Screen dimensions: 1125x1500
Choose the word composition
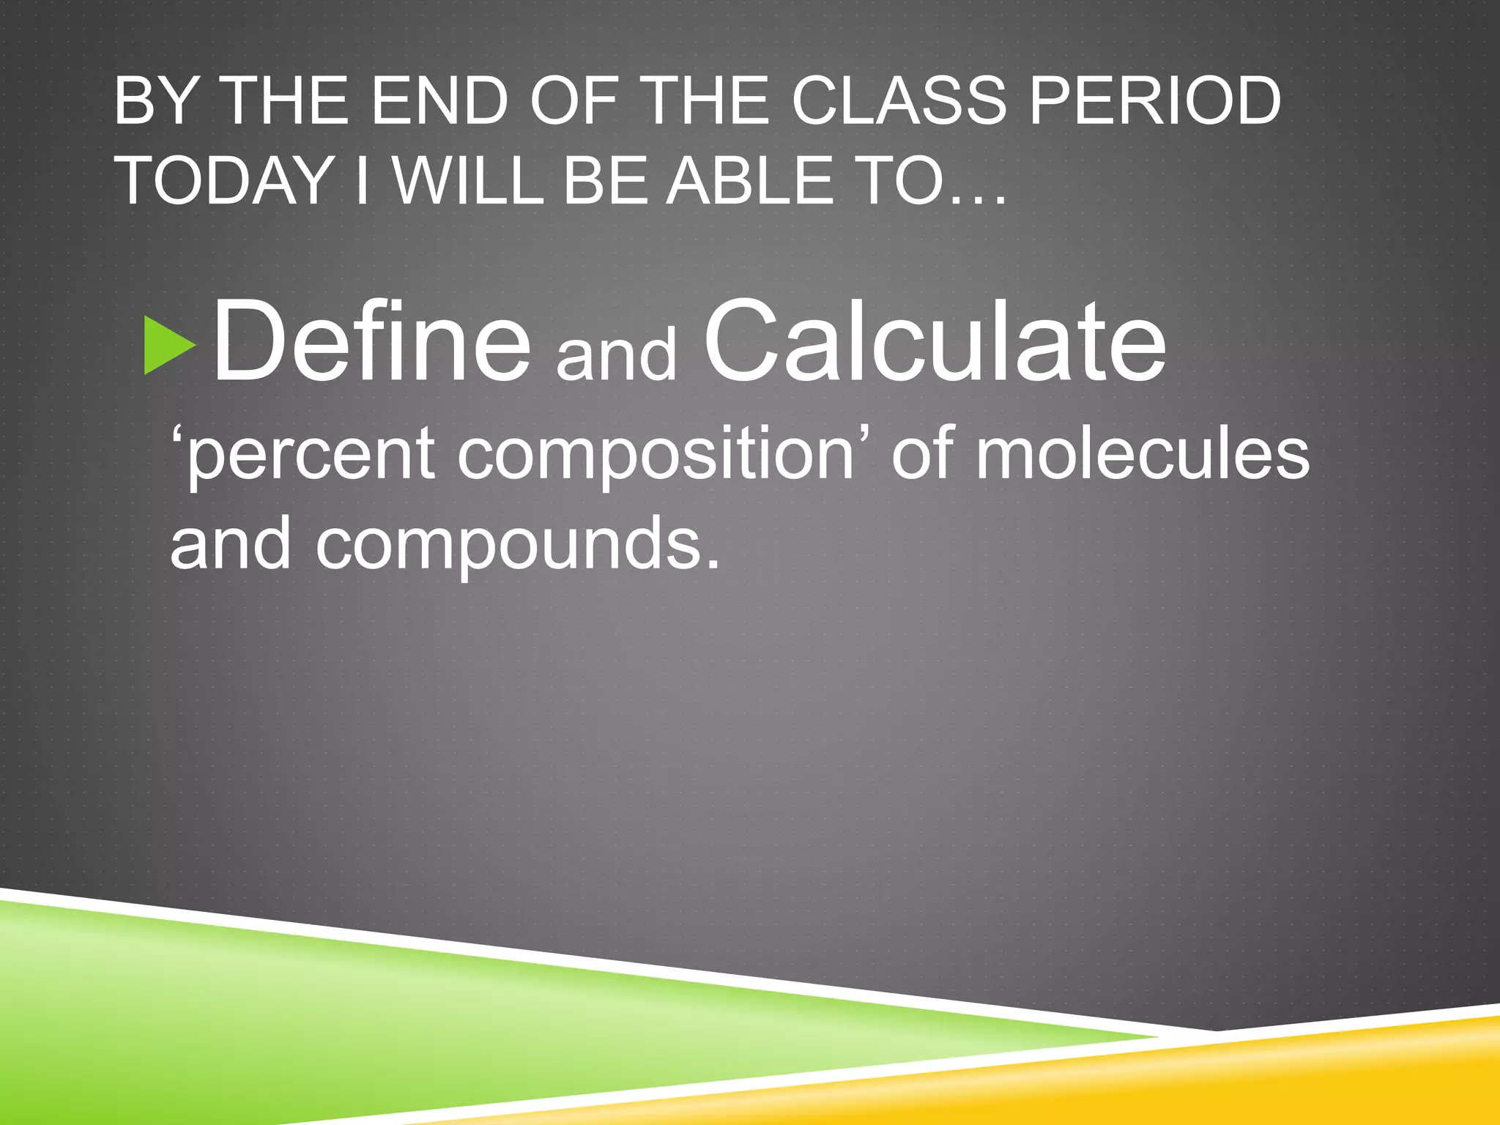click(656, 457)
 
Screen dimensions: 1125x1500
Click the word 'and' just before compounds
click(230, 543)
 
